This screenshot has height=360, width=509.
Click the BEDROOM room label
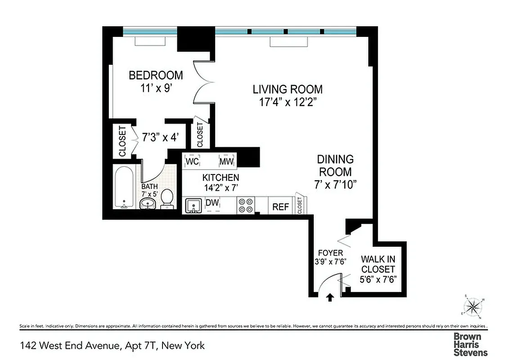coord(156,75)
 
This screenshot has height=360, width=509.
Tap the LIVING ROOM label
coord(287,89)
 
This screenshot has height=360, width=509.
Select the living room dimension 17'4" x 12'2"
coord(287,102)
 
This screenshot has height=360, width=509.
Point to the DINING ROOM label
coord(335,165)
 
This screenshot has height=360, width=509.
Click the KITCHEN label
coord(221,177)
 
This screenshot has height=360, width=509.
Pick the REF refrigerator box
coord(281,207)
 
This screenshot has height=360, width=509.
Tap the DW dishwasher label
coord(212,203)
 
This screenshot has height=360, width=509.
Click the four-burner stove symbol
coord(245,206)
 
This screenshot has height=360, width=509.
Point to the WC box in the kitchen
coord(192,161)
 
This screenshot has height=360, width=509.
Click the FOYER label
coord(330,253)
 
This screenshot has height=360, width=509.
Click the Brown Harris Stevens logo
coord(470,344)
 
